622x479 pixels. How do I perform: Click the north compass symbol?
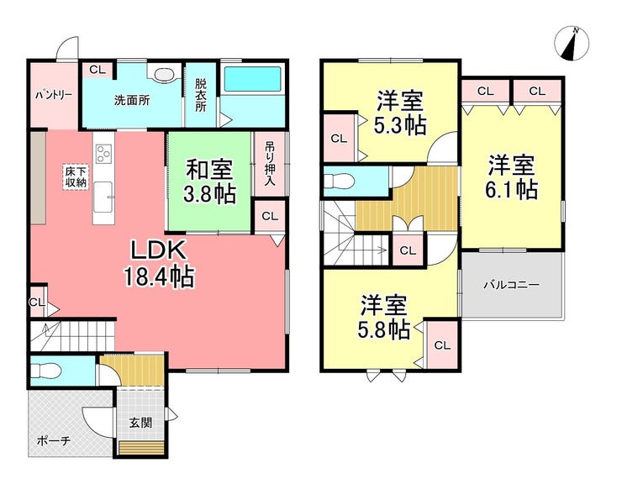(x=572, y=44)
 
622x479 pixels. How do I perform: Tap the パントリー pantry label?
(x=53, y=95)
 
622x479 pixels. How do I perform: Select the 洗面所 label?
(x=132, y=100)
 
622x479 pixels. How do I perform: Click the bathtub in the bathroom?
(x=253, y=79)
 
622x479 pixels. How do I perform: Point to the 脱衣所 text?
(x=201, y=95)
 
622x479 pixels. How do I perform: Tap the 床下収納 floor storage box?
(x=76, y=177)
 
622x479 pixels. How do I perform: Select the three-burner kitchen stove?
(x=104, y=154)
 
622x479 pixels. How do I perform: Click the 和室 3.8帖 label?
(x=210, y=182)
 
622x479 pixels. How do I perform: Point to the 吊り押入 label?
(x=270, y=164)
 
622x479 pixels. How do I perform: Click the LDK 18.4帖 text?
(x=159, y=264)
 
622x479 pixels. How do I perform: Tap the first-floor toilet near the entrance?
(x=45, y=371)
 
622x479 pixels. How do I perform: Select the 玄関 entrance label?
(x=140, y=423)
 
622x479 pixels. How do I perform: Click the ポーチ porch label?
(x=54, y=440)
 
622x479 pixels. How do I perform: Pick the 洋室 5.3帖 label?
(x=400, y=113)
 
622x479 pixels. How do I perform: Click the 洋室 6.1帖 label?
(x=511, y=177)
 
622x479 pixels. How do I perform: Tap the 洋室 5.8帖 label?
(x=383, y=318)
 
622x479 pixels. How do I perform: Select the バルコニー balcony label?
(x=512, y=285)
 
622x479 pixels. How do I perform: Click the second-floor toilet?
(x=339, y=182)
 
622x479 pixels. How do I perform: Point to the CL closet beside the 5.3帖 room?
(x=339, y=139)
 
